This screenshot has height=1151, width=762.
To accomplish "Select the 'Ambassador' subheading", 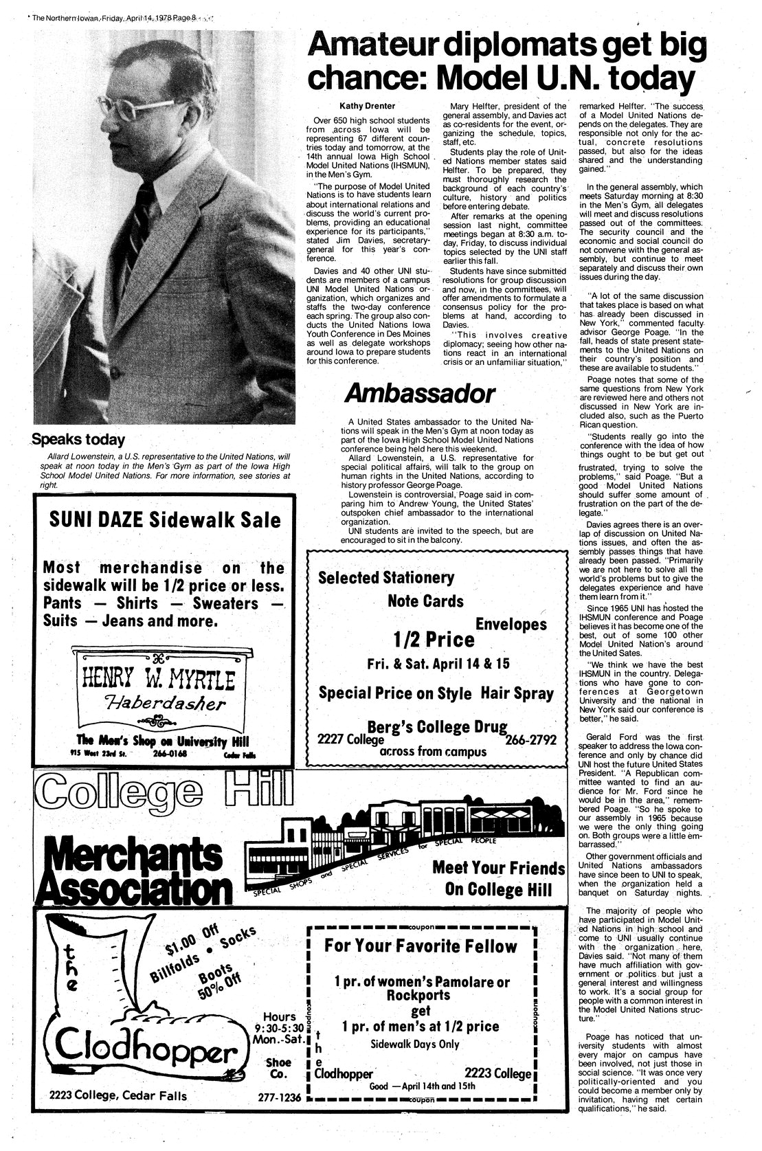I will point(419,394).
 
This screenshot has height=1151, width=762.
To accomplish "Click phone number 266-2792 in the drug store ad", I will point(531,741).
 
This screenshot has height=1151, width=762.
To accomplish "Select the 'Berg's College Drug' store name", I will point(438,727).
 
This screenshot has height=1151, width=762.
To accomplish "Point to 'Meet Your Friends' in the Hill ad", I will point(497,867).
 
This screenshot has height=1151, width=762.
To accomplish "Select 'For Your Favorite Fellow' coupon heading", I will point(421,946).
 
